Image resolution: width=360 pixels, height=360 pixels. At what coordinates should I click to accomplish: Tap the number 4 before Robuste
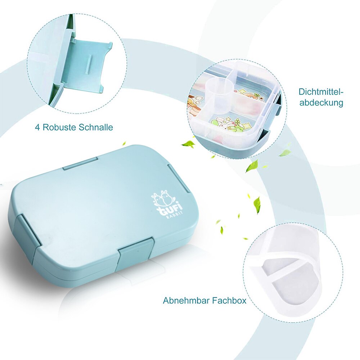click(x=37, y=127)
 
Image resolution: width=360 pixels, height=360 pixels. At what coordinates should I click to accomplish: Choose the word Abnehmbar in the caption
click(x=184, y=300)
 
